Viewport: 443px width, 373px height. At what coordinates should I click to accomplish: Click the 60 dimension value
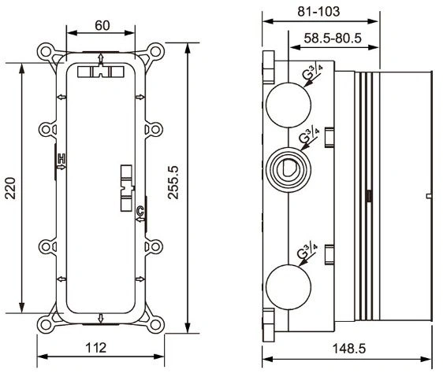pyautogui.click(x=102, y=25)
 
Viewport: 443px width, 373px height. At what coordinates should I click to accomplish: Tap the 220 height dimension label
pyautogui.click(x=11, y=188)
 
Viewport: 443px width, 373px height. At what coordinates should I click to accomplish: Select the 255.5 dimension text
pyautogui.click(x=173, y=183)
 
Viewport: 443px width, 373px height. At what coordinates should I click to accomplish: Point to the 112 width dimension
pyautogui.click(x=96, y=348)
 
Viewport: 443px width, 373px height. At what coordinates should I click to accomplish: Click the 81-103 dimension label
pyautogui.click(x=318, y=12)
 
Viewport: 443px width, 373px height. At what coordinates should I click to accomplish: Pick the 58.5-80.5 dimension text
pyautogui.click(x=333, y=38)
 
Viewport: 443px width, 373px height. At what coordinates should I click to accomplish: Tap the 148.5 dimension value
pyautogui.click(x=349, y=349)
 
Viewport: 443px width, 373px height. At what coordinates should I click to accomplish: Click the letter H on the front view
pyautogui.click(x=61, y=159)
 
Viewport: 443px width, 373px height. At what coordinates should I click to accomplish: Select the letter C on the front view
pyautogui.click(x=140, y=210)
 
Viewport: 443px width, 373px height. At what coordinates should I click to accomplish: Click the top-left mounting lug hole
pyautogui.click(x=45, y=52)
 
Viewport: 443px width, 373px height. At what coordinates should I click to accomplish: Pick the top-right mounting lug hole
pyautogui.click(x=155, y=52)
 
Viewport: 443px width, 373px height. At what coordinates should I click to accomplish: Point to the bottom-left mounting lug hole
pyautogui.click(x=45, y=325)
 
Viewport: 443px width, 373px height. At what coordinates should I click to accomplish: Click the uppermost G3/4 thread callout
pyautogui.click(x=312, y=73)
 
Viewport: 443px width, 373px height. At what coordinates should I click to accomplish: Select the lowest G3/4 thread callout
pyautogui.click(x=307, y=251)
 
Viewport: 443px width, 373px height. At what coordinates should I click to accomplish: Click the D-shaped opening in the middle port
pyautogui.click(x=289, y=169)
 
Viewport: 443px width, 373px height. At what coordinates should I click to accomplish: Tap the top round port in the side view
pyautogui.click(x=289, y=105)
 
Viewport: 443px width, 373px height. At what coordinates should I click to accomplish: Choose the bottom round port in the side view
pyautogui.click(x=289, y=287)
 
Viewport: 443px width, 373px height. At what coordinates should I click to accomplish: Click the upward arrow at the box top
pyautogui.click(x=101, y=59)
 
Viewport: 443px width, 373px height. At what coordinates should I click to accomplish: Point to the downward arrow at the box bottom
pyautogui.click(x=101, y=318)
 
